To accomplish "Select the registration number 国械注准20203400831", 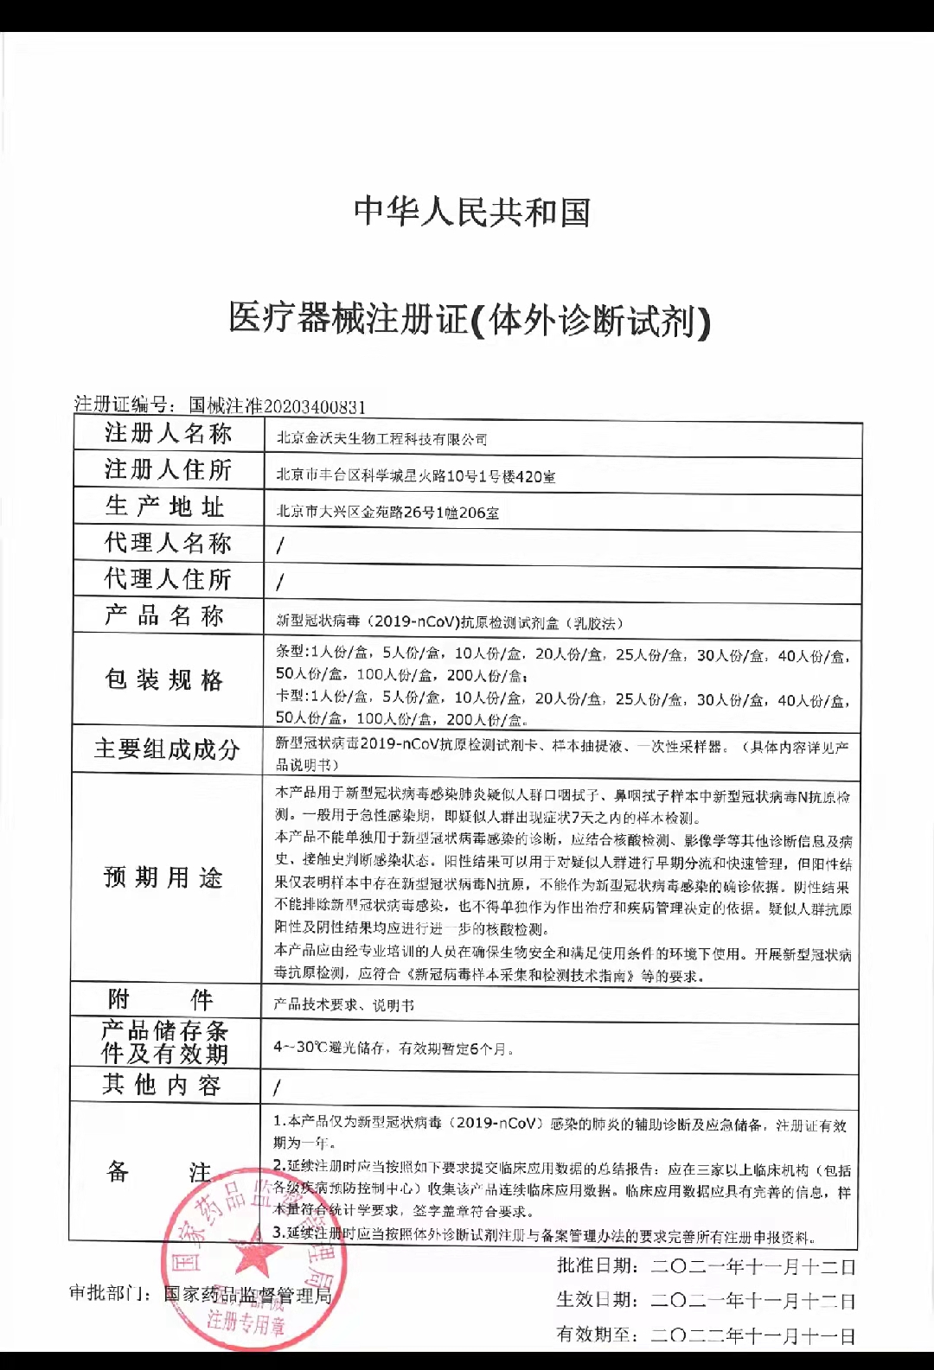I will click(278, 405).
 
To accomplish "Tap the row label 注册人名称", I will click(168, 433).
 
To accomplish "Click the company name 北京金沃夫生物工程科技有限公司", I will click(381, 439).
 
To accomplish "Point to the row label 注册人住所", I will click(168, 469).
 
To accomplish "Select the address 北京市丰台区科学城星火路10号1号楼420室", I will click(415, 475).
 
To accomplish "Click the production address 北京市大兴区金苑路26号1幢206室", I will click(387, 513).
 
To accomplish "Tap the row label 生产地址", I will click(165, 507).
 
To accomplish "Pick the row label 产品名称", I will click(164, 615).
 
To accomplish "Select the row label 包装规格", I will click(164, 679).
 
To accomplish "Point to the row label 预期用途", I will click(163, 878).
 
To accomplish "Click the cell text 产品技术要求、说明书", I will click(344, 1005).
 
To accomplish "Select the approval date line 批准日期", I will click(706, 1267).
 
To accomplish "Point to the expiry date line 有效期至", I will click(706, 1335).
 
